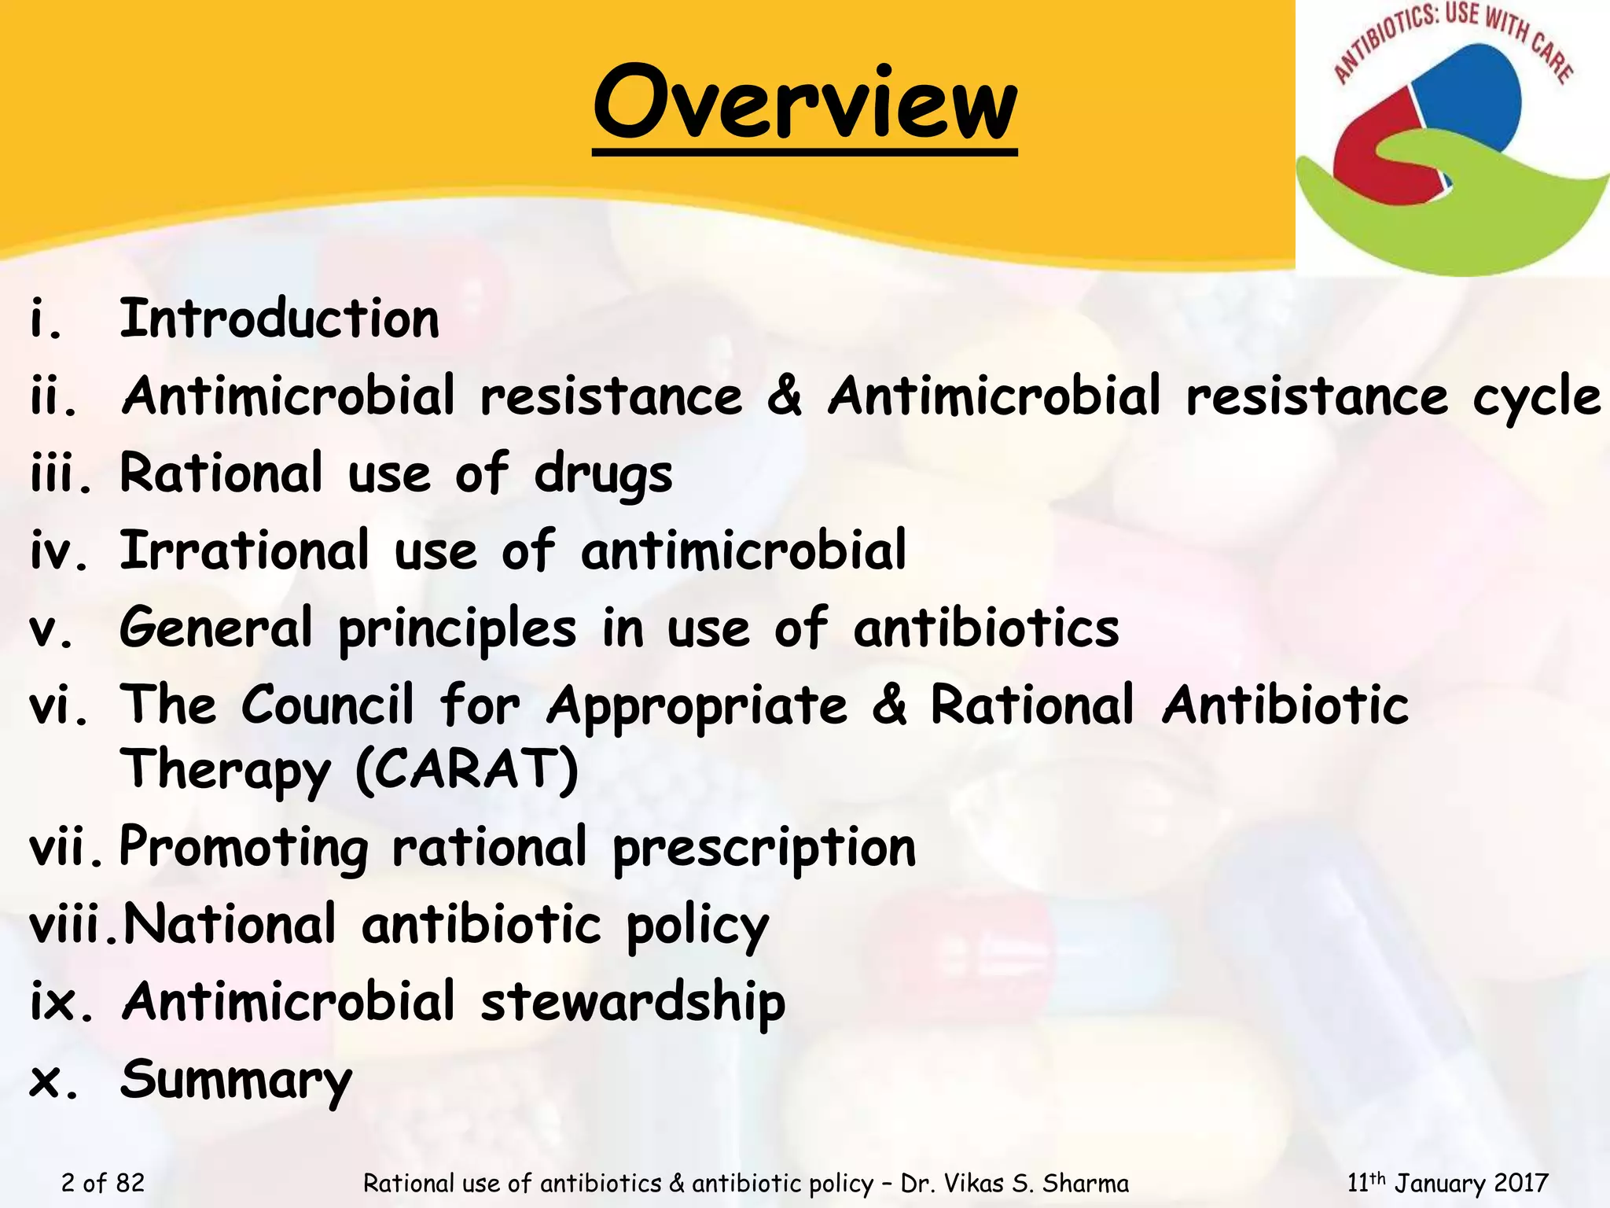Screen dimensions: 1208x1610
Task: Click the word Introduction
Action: pos(279,320)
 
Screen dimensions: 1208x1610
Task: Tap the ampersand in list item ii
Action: pos(785,396)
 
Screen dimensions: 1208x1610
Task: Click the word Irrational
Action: pos(244,551)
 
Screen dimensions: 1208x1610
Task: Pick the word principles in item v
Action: pos(458,630)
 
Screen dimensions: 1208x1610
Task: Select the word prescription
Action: pos(764,849)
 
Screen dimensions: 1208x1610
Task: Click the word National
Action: pos(230,924)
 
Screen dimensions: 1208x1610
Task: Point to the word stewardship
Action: pos(633,1004)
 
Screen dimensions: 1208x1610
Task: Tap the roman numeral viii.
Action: pos(73,925)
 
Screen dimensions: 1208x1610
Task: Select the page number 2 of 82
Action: pos(103,1183)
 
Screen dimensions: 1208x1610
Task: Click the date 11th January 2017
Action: pos(1447,1183)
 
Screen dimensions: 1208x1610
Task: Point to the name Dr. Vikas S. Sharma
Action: pos(1014,1183)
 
